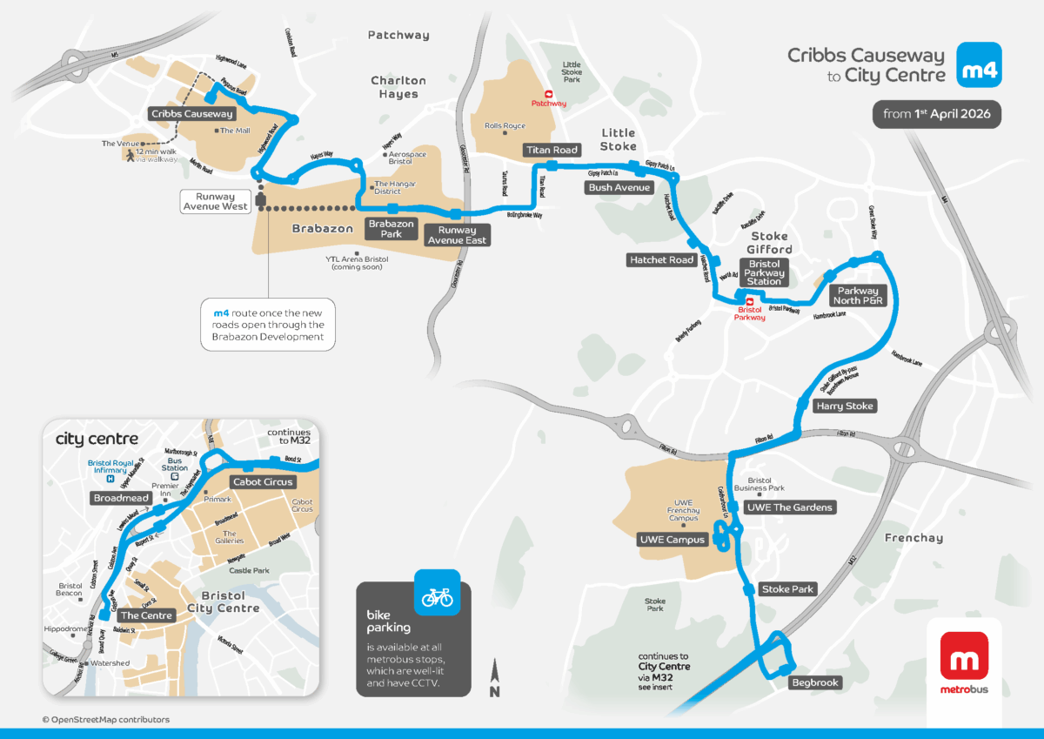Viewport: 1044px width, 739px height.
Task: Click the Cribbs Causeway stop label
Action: click(191, 114)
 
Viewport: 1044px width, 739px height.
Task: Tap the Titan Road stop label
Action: click(552, 151)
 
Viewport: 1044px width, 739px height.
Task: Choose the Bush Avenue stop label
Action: click(619, 187)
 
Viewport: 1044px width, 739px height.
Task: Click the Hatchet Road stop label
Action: click(661, 260)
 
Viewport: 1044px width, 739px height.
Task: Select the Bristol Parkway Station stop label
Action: click(764, 272)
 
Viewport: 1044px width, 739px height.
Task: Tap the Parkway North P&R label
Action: click(858, 295)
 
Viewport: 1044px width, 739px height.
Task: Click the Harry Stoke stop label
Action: click(844, 406)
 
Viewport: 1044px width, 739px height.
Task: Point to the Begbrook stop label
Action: click(814, 682)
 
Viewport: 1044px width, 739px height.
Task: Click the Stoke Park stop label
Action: click(787, 589)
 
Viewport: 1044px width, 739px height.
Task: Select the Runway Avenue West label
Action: click(215, 202)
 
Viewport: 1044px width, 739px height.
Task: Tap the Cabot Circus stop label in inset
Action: click(263, 482)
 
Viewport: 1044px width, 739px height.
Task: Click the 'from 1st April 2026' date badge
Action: click(937, 115)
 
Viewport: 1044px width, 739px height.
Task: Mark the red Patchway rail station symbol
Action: click(548, 94)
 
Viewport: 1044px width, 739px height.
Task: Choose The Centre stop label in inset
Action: click(144, 615)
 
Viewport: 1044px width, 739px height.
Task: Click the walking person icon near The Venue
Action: click(129, 156)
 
